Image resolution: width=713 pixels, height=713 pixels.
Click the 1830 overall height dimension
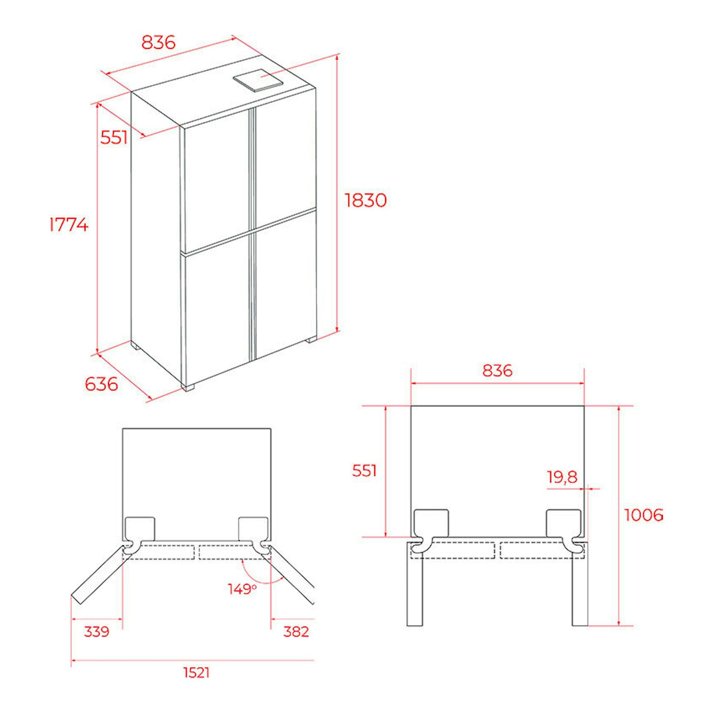coord(366,200)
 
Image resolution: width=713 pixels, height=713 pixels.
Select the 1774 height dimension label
coord(69,224)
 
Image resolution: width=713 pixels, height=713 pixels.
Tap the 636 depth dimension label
coord(101,384)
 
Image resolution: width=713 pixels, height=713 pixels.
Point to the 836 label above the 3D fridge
coord(158,43)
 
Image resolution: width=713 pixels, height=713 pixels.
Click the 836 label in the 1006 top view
coord(498,370)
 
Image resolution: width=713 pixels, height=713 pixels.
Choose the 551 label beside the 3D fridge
coord(114,138)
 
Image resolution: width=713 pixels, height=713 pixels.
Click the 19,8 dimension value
coord(562,477)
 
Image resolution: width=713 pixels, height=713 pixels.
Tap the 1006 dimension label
coord(643,515)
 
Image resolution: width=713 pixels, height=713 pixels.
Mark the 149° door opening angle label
coord(242,589)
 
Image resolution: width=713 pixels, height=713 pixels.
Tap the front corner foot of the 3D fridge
coord(188,387)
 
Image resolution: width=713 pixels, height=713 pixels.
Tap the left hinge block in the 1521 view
coord(140,528)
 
